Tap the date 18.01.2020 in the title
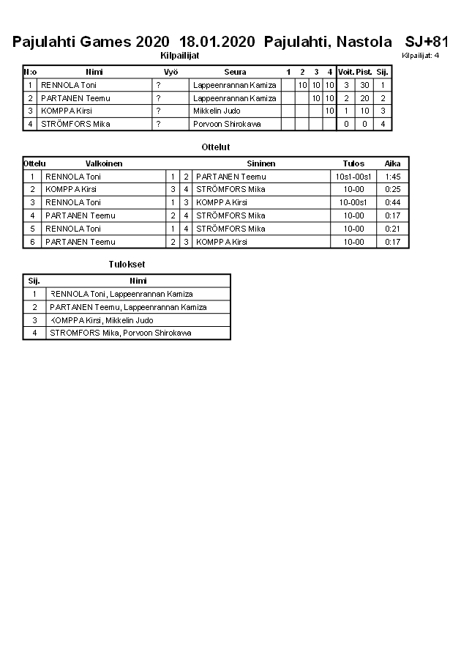pos(217,42)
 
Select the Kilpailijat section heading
pos(179,55)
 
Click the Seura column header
pos(235,72)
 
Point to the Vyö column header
pos(170,72)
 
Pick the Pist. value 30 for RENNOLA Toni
pos(364,85)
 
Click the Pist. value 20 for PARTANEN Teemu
pos(364,98)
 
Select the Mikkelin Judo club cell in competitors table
pos(217,111)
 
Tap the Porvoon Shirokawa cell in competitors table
pos(227,124)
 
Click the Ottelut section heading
pos(215,147)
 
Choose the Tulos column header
pos(353,163)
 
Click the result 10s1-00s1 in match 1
pos(353,177)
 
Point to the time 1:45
pos(392,177)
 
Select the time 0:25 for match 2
pos(392,189)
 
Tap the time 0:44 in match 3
pos(392,202)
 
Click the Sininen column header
pos(261,163)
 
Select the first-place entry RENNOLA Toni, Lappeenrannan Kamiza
pos(121,294)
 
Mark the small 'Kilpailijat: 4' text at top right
pos(421,55)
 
